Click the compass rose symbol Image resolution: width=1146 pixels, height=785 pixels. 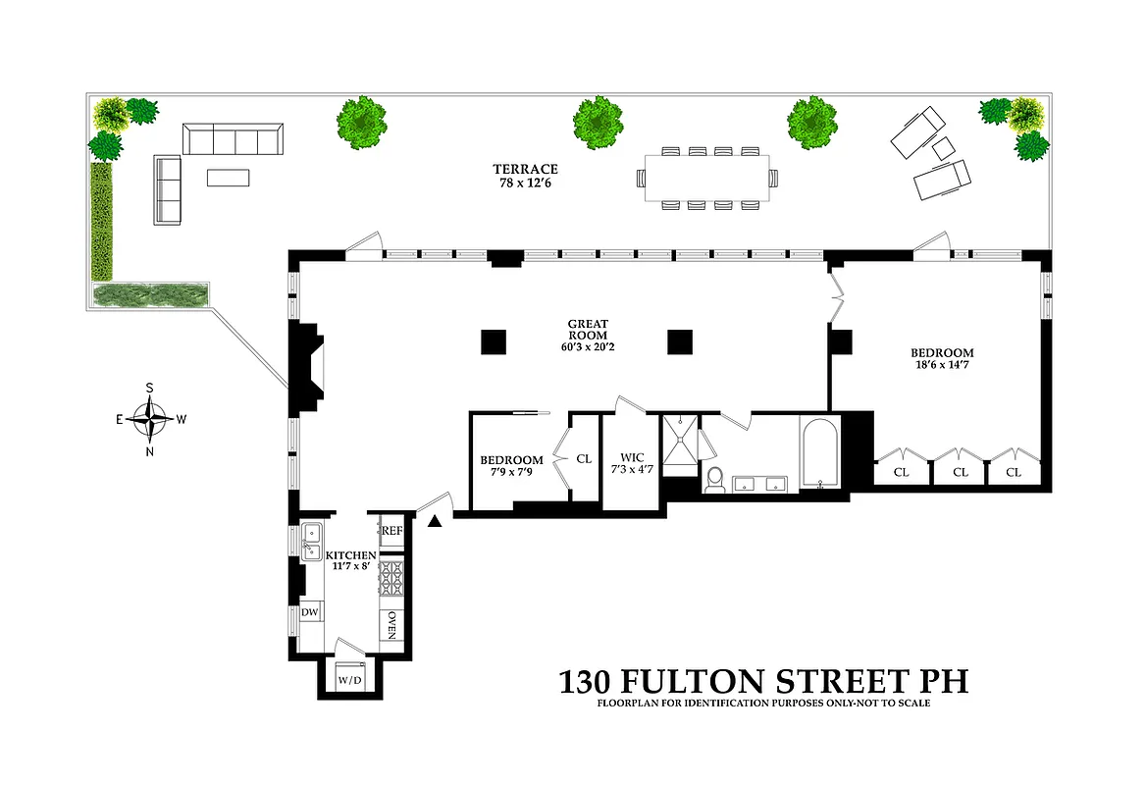click(x=150, y=420)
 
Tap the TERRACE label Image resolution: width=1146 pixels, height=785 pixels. click(x=526, y=169)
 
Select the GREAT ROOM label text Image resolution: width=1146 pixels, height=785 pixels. click(x=588, y=330)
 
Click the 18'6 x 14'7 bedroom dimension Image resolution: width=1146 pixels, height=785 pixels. click(x=942, y=366)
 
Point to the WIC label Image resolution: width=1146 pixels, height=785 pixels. click(x=631, y=457)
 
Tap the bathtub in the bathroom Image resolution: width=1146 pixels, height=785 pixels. click(x=818, y=453)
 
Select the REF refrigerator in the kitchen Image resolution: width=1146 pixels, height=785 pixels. click(x=391, y=530)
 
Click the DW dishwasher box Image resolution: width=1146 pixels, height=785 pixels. click(x=309, y=612)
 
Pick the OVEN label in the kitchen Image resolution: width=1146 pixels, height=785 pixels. click(x=391, y=624)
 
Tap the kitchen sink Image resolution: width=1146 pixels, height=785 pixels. click(x=312, y=539)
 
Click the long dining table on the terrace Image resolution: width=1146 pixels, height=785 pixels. click(x=706, y=178)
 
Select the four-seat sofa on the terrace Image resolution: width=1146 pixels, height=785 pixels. click(x=234, y=139)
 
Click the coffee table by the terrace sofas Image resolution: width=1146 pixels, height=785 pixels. click(x=228, y=178)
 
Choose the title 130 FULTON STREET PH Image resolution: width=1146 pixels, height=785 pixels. click(x=763, y=682)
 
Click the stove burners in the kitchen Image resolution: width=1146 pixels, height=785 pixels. click(x=391, y=581)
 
